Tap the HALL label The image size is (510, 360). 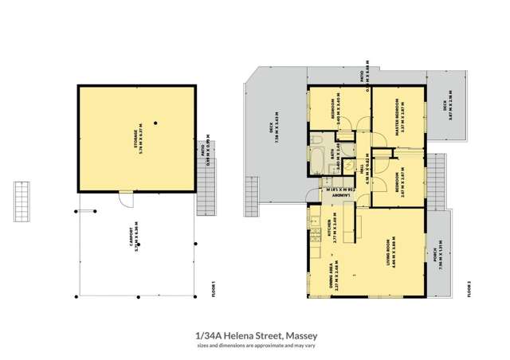pyautogui.click(x=366, y=170)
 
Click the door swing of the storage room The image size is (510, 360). pyautogui.click(x=124, y=199)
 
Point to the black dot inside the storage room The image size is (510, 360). pyautogui.click(x=157, y=122)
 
